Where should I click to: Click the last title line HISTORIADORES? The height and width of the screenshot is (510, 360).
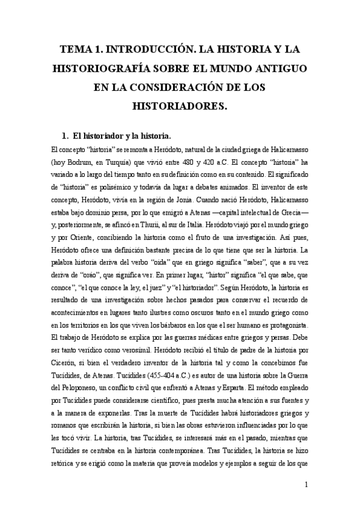click(x=180, y=107)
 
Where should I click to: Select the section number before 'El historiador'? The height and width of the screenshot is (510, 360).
click(x=66, y=135)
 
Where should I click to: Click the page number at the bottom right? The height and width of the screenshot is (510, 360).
click(x=307, y=484)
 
